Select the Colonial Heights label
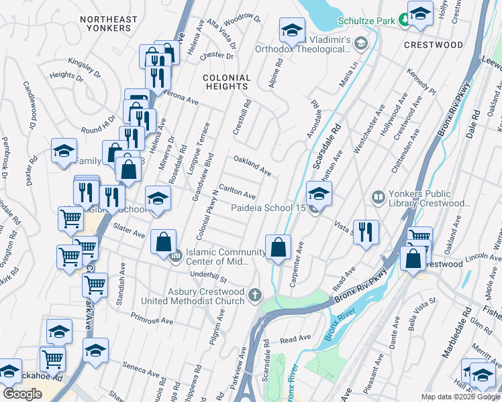pos(227,82)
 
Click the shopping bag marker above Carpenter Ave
pos(278,248)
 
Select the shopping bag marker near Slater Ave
pos(164,243)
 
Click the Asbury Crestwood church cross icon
pos(254,295)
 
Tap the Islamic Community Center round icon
pos(177,255)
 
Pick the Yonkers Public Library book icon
pos(377,197)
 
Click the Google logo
pos(22,394)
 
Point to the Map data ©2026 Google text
pos(460,397)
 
